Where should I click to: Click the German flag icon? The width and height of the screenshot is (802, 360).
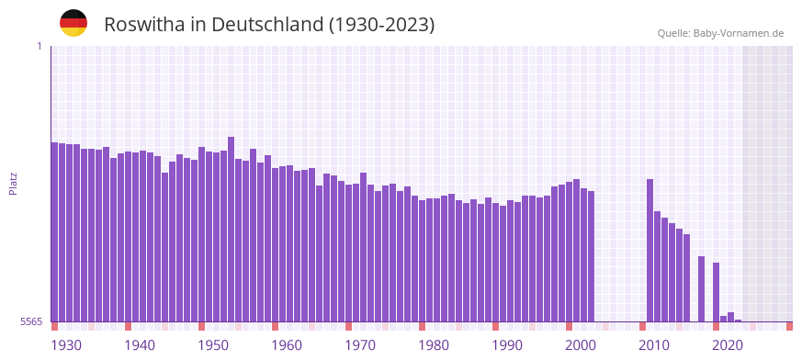tap(73, 23)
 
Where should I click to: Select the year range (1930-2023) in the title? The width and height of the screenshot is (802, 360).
tap(381, 25)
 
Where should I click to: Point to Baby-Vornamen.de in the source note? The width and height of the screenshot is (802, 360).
tap(739, 33)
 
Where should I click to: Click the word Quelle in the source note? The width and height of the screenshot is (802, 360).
tap(672, 33)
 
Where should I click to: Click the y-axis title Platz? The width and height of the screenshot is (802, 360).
tap(13, 183)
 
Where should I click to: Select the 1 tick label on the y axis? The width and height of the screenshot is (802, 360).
tap(39, 46)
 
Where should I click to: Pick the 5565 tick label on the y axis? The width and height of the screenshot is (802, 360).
tap(31, 321)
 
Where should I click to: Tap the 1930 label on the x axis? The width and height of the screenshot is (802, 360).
tap(66, 345)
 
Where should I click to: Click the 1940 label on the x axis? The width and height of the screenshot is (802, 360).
tap(140, 345)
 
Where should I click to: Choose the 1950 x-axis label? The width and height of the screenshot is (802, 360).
tap(213, 345)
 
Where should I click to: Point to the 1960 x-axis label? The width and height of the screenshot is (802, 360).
tap(287, 345)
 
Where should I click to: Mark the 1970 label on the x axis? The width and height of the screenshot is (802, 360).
tap(360, 345)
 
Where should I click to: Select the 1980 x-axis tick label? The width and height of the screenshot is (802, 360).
tap(434, 345)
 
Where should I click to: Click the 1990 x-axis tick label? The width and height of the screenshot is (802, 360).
tap(507, 345)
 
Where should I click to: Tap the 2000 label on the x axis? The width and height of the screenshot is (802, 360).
tap(581, 345)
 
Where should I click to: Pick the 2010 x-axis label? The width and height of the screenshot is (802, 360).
tap(654, 345)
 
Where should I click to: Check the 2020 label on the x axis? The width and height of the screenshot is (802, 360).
tap(728, 345)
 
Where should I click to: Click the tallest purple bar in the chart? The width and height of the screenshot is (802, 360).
tap(232, 230)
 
